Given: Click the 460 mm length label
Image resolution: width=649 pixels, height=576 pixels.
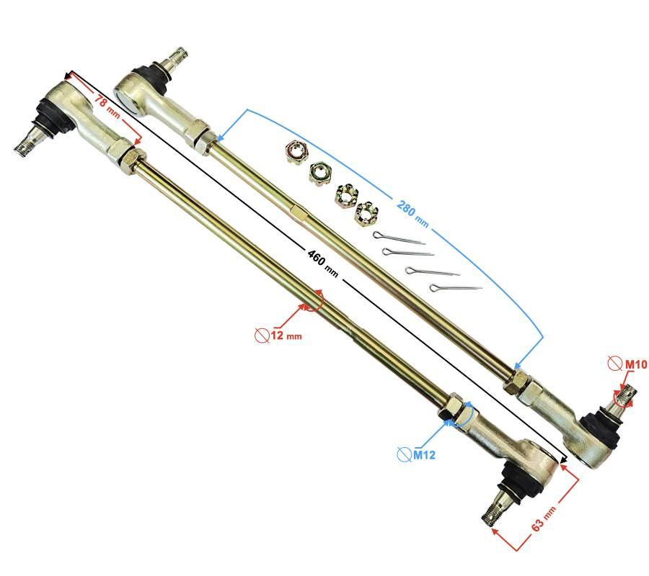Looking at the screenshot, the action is click(x=323, y=264).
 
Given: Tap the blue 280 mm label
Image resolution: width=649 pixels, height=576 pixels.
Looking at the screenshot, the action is click(x=412, y=214).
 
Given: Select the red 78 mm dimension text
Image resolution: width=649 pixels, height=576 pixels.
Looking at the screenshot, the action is click(x=107, y=106).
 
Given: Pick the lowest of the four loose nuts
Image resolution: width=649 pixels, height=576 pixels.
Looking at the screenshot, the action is click(x=365, y=212).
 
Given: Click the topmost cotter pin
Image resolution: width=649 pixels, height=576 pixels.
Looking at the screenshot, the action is click(x=399, y=238).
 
